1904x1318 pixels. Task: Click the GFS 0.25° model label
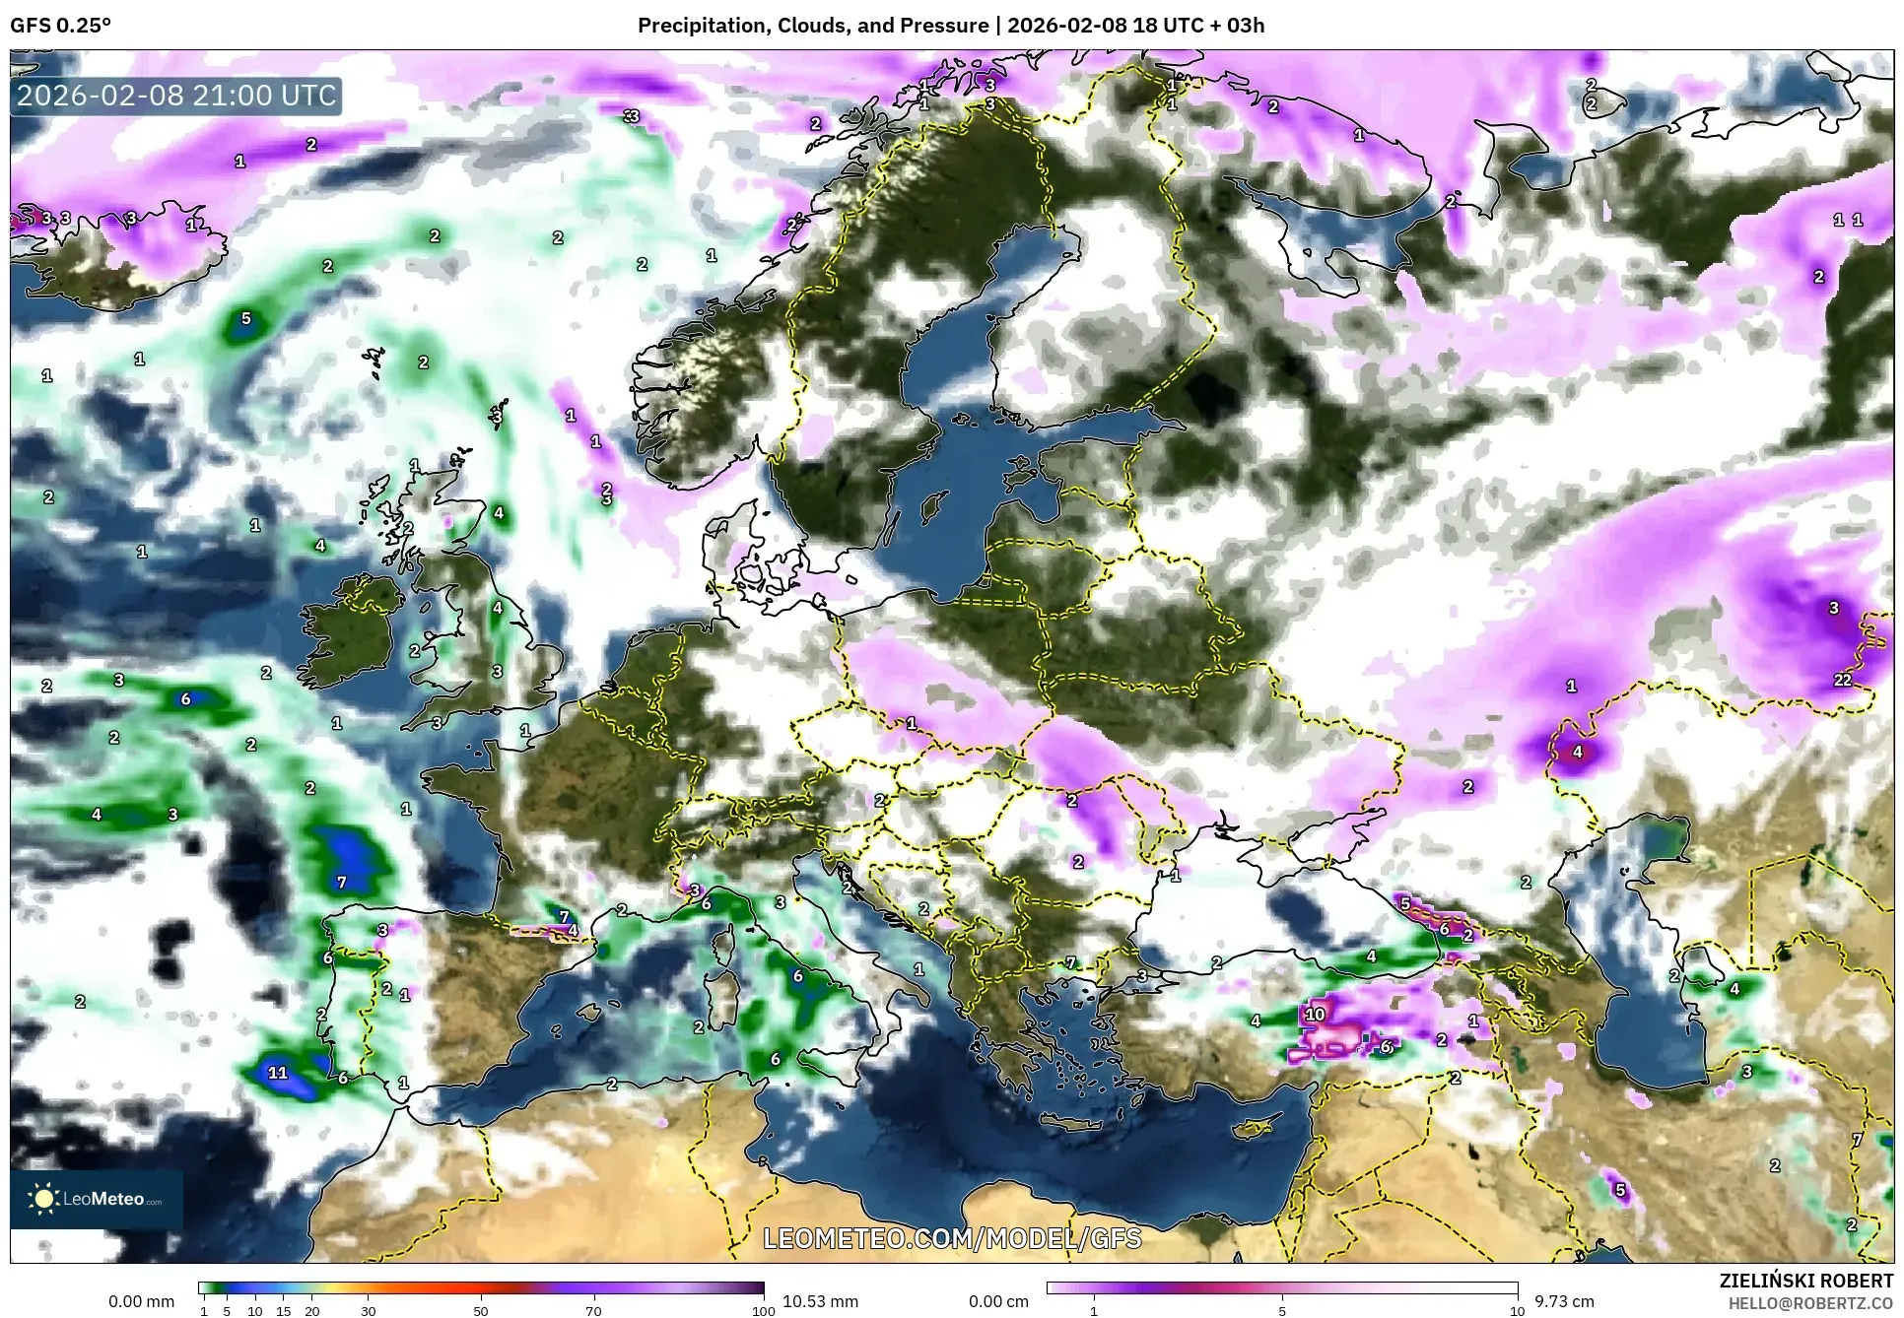(60, 25)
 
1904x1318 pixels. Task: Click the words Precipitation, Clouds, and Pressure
(813, 25)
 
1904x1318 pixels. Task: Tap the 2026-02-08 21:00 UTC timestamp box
(176, 96)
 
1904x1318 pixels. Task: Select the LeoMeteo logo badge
(96, 1199)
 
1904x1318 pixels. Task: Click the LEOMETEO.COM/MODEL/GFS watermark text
(952, 1237)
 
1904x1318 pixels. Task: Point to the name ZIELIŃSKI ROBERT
(1805, 1281)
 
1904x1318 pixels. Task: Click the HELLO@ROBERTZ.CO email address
(1810, 1303)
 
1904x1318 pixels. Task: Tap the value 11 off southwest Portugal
(278, 1073)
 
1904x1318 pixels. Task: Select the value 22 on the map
(1842, 680)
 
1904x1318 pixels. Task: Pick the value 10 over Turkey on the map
(1315, 1014)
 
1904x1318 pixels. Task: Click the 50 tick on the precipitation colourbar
(481, 1311)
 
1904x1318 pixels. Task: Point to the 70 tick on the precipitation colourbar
(593, 1311)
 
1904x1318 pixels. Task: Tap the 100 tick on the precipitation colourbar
(763, 1311)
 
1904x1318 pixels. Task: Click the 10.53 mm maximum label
(820, 1301)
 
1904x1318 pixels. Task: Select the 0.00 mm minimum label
(141, 1301)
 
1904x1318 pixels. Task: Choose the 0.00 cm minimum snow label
(998, 1301)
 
